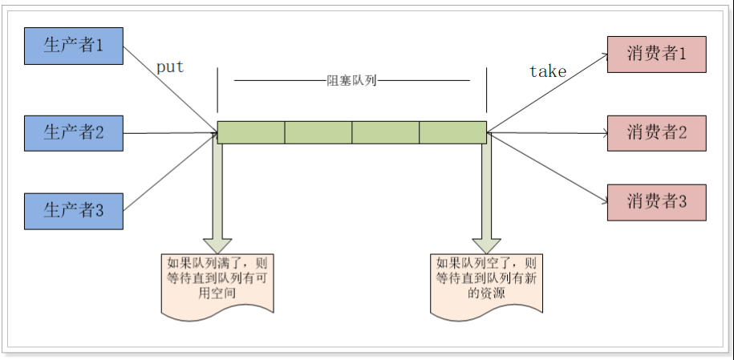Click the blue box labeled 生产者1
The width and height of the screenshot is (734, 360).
[74, 46]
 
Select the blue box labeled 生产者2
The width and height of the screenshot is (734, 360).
[74, 133]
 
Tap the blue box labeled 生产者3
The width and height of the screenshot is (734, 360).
[74, 211]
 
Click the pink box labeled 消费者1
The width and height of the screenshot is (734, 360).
[656, 55]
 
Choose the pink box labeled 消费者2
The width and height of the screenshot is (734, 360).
[656, 133]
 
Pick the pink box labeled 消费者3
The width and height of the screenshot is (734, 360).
[656, 202]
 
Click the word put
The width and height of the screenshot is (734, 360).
[169, 67]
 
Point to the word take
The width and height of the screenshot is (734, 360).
[548, 71]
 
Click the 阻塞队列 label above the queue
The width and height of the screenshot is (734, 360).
[352, 81]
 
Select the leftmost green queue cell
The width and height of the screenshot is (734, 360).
[251, 132]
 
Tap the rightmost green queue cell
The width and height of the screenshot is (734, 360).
[452, 132]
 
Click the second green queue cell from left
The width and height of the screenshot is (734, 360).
[318, 132]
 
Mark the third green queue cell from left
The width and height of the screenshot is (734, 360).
[385, 132]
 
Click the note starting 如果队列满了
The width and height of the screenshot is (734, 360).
[217, 280]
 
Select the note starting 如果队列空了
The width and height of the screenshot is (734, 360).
[486, 280]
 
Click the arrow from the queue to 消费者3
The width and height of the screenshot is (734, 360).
[545, 166]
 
